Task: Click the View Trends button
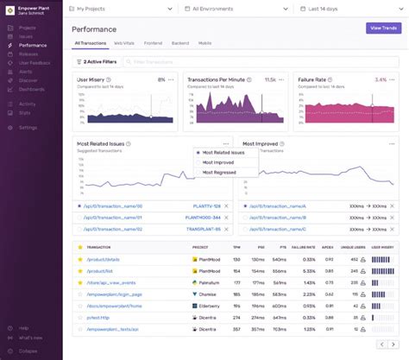(x=383, y=28)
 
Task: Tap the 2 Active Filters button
(x=98, y=62)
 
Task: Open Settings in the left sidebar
(x=28, y=127)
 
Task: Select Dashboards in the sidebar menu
(x=31, y=89)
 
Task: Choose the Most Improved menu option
(x=219, y=162)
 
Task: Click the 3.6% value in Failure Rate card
(x=381, y=79)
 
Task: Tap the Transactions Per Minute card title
(x=223, y=79)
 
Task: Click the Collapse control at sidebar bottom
(x=29, y=350)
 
